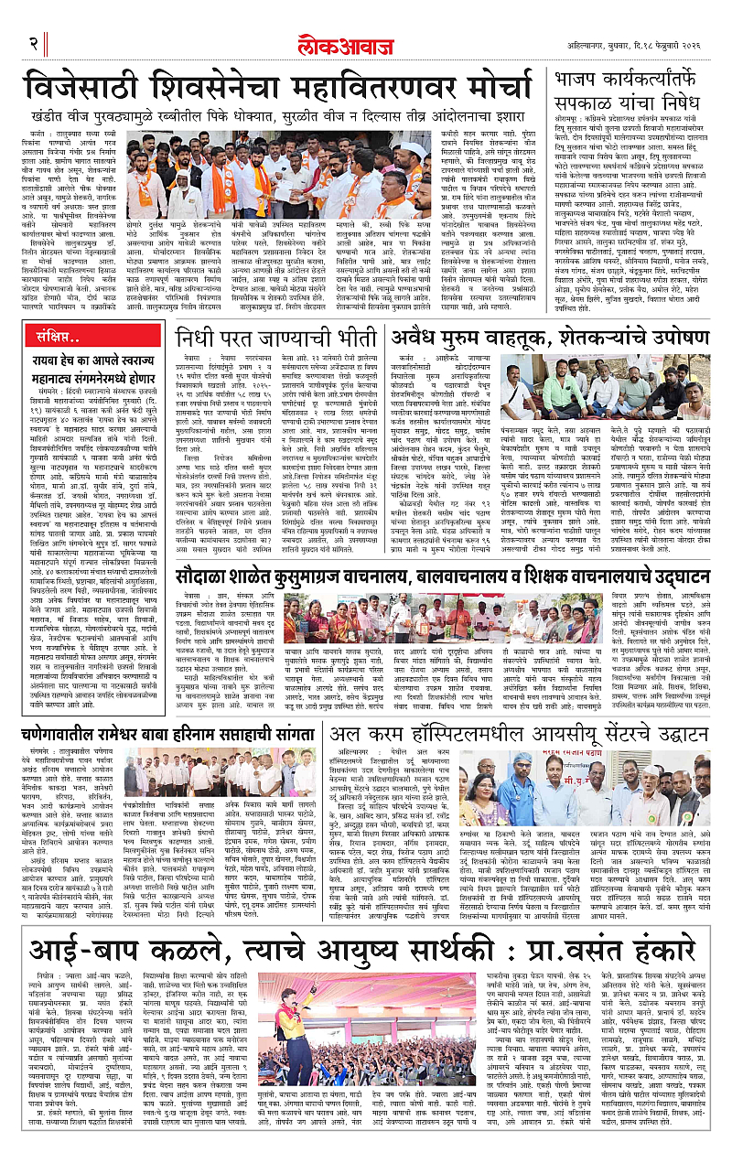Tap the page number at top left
pyautogui.click(x=34, y=44)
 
